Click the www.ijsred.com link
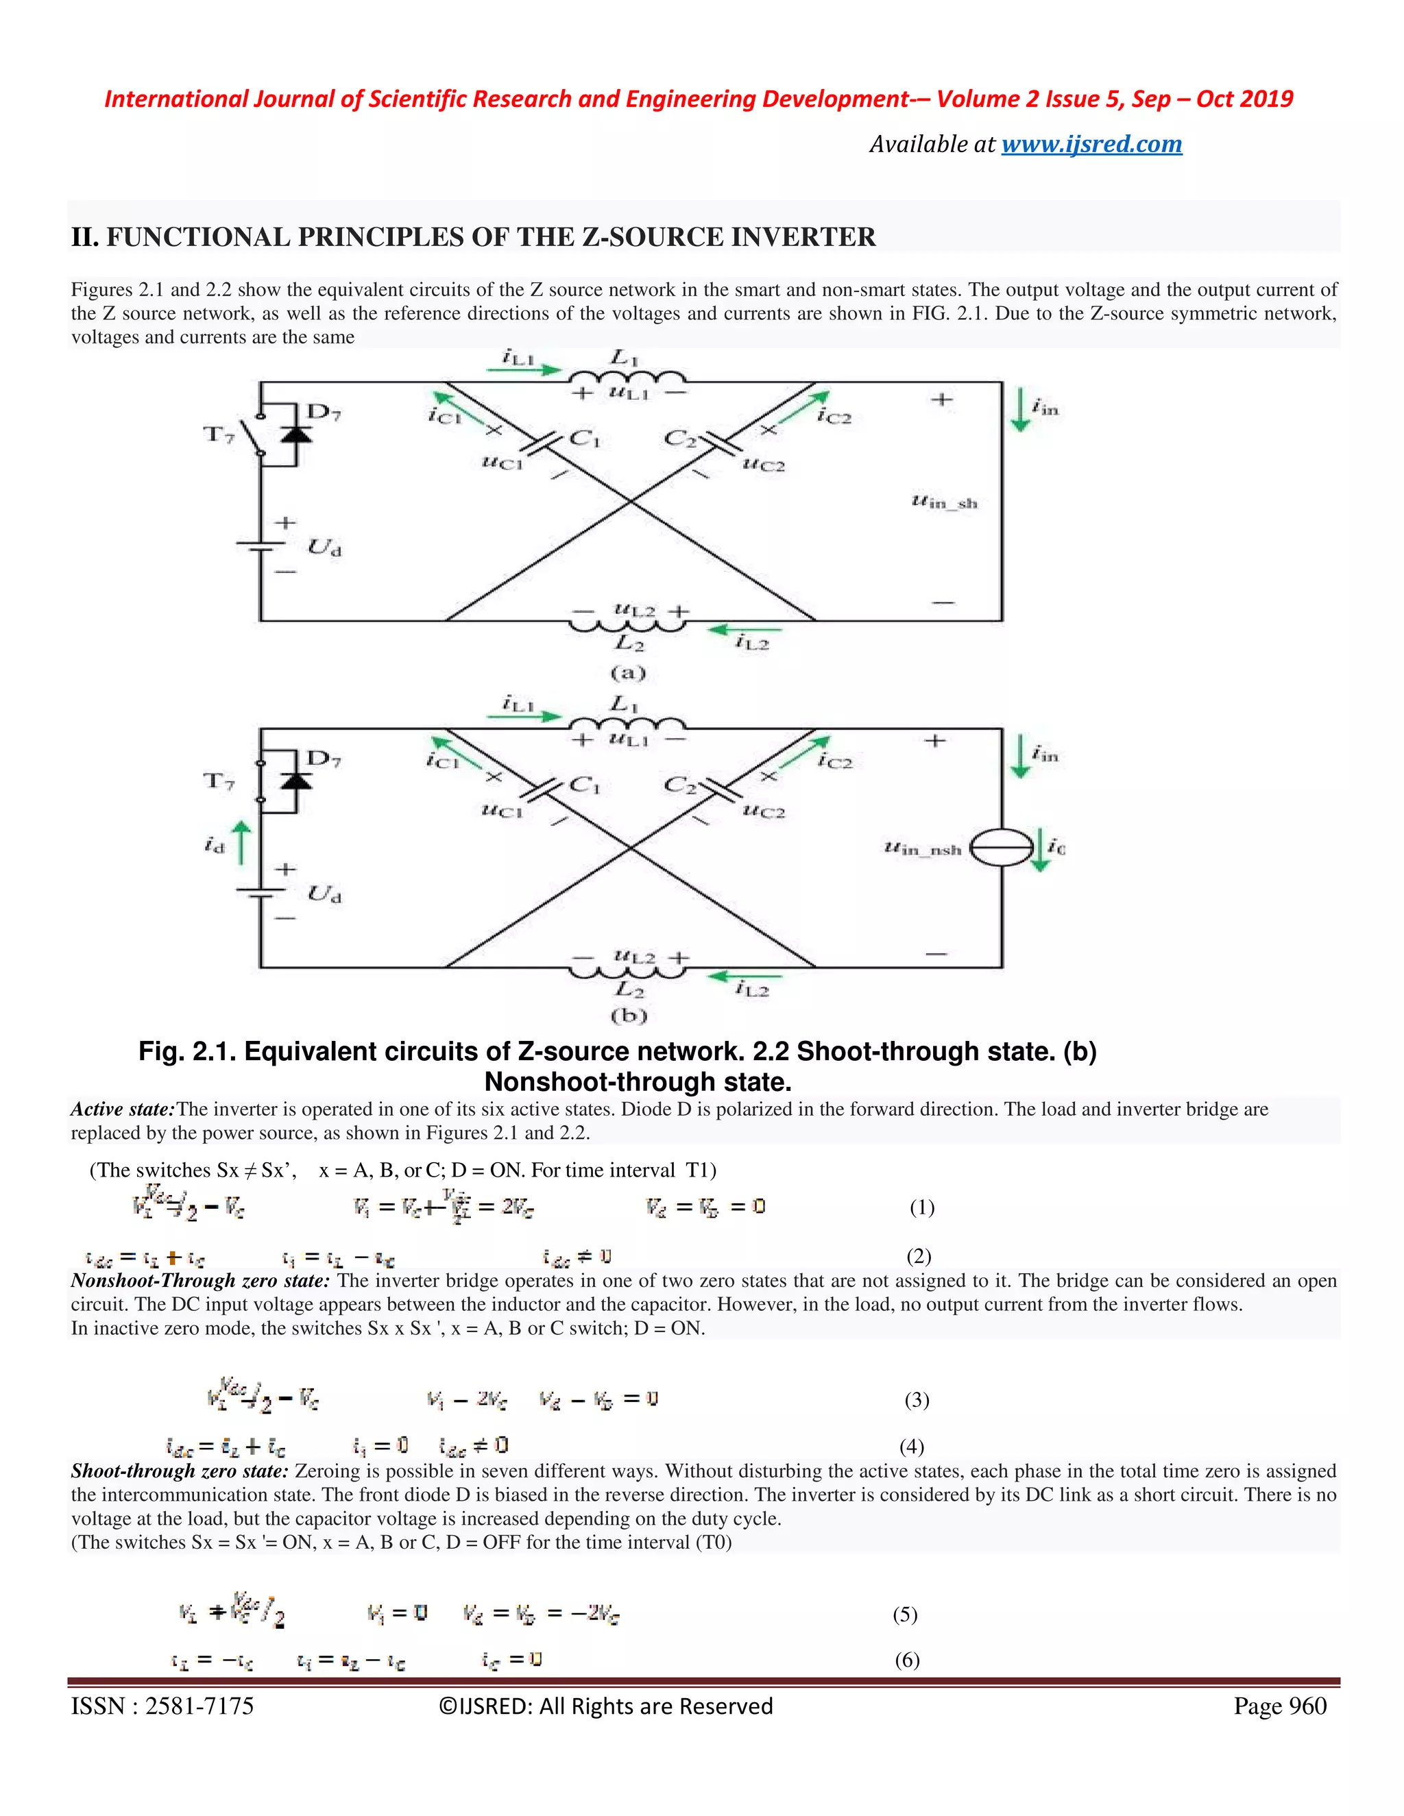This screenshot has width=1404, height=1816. click(1091, 144)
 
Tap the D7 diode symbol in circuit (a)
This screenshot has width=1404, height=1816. click(296, 434)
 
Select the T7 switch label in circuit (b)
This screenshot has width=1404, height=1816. click(219, 781)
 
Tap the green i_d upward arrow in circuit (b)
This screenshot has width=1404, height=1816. click(241, 842)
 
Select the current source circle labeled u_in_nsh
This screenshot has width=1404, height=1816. click(1002, 848)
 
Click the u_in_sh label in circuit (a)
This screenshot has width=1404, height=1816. click(944, 502)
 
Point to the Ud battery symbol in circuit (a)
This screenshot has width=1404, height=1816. click(260, 545)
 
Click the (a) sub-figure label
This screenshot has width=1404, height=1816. click(628, 672)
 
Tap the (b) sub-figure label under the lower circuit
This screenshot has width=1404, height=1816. click(629, 1016)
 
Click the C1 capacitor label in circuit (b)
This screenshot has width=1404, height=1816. click(584, 784)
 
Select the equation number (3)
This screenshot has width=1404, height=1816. click(917, 1399)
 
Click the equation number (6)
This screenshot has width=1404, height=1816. click(906, 1660)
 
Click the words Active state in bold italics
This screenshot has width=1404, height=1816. click(122, 1109)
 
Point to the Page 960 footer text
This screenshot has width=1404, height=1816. click(1280, 1706)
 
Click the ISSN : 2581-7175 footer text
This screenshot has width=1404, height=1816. click(162, 1706)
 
